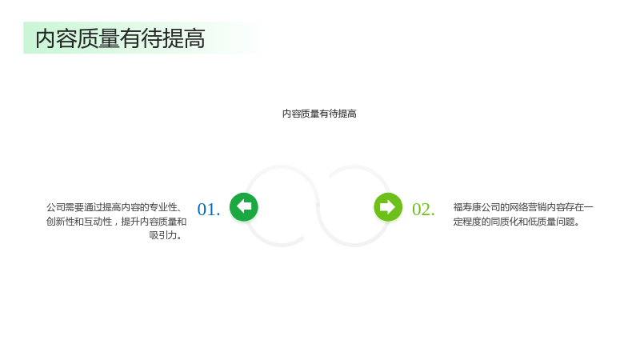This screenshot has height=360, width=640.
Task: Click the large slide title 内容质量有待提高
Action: [x=120, y=38]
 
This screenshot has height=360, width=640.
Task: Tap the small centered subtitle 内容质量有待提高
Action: [x=319, y=114]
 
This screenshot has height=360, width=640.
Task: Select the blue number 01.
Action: [x=209, y=210]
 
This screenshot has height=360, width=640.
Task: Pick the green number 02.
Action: [x=423, y=210]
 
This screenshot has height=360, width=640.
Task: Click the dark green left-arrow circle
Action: [x=244, y=207]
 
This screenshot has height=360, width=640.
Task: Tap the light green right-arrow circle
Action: [x=388, y=207]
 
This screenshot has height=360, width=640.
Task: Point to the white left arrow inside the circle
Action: [x=244, y=206]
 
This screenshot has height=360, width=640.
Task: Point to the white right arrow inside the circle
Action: [x=388, y=207]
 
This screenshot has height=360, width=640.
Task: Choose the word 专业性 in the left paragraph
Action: [x=163, y=207]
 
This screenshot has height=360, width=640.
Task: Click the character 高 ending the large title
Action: [x=194, y=38]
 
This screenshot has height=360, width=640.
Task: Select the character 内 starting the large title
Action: [x=46, y=38]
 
